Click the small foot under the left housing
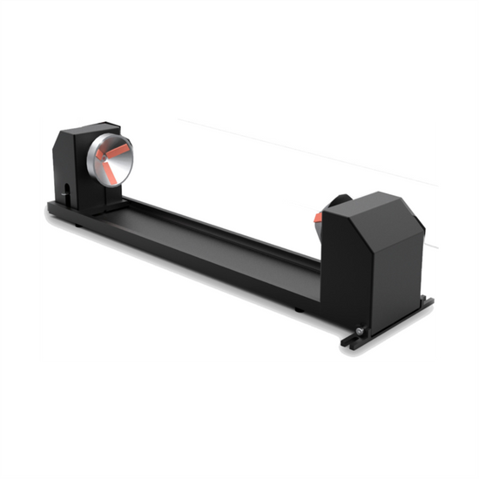pyautogui.click(x=78, y=221)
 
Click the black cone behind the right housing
pyautogui.click(x=337, y=206)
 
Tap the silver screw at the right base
pyautogui.click(x=359, y=330)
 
